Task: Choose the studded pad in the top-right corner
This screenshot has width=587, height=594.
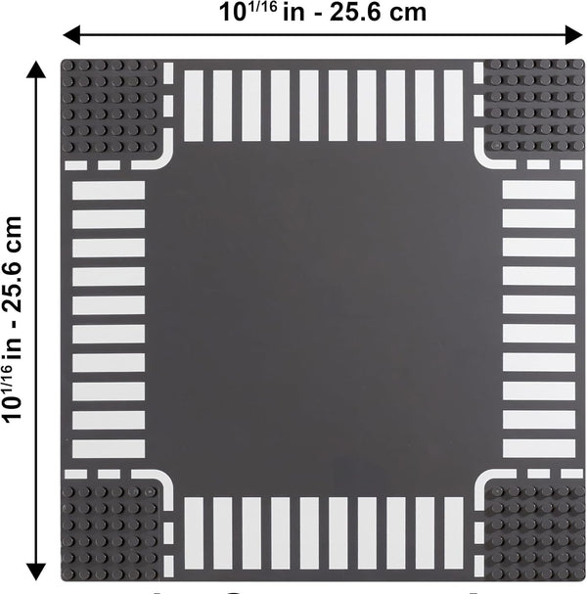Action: pos(534,106)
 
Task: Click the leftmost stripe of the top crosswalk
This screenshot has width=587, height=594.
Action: pos(194,106)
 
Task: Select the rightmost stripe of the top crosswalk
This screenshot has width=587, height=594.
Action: pos(453,106)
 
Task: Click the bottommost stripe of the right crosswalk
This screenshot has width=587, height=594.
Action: pos(538,449)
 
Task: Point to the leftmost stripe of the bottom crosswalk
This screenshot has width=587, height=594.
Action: pos(194,532)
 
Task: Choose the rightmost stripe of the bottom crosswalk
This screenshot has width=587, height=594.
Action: pos(453,532)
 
